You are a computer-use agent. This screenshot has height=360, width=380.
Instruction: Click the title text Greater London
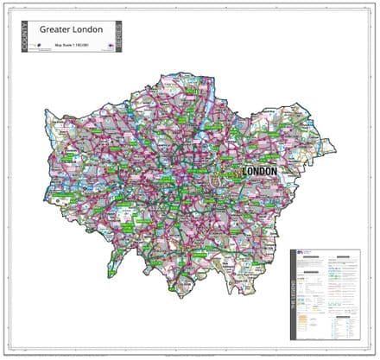click(x=72, y=30)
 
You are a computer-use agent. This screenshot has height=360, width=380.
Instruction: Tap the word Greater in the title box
click(x=57, y=30)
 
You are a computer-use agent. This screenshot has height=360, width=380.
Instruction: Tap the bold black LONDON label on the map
click(x=259, y=172)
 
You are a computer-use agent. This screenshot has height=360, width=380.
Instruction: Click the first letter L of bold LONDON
click(x=244, y=172)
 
